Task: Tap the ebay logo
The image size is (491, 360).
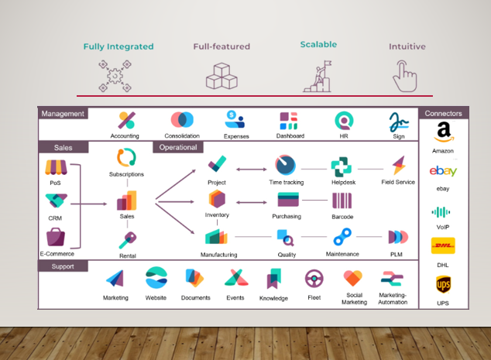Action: point(443,171)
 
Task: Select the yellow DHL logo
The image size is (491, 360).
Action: point(443,246)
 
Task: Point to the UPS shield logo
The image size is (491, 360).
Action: point(443,284)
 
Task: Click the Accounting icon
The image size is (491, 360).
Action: point(126,121)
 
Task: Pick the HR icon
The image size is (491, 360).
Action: point(344,121)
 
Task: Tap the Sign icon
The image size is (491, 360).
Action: point(398,121)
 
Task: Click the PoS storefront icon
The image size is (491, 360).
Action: point(55,167)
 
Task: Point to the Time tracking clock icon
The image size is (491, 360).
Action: point(286,166)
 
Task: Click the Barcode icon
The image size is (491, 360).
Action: point(342,201)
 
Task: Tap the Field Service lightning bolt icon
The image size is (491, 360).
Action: point(399,166)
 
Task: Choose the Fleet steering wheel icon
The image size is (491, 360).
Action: point(314,279)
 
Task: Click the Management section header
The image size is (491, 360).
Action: point(63,114)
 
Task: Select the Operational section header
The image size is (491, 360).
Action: point(177,147)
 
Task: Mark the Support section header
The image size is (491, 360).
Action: point(63,266)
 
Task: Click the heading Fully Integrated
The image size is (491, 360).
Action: point(118,46)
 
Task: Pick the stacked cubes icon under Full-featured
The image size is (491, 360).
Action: point(221,75)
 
